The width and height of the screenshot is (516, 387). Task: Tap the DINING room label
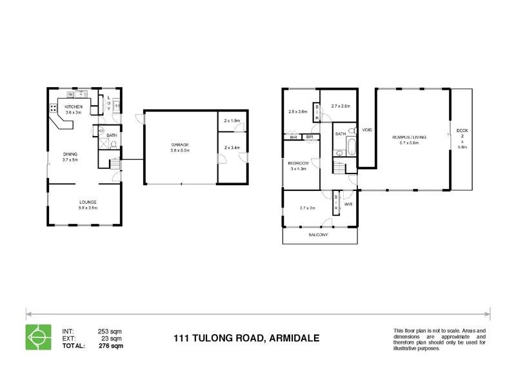[x=70, y=154]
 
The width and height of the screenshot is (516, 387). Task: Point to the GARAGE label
[x=179, y=144]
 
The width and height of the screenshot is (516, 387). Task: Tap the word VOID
[x=368, y=130]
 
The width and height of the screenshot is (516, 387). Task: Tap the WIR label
[x=349, y=204]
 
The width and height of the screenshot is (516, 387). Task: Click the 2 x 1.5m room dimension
[x=232, y=121]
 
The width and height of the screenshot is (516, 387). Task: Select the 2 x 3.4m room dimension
[x=232, y=148]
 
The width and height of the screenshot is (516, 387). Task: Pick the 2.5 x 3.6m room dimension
[x=299, y=111]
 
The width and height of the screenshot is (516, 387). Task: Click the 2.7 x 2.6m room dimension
[x=340, y=106]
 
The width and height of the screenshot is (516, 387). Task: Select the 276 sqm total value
[x=111, y=346]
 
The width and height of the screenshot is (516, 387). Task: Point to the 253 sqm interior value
[x=111, y=332]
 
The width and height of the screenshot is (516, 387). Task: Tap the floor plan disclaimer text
[x=439, y=339]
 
